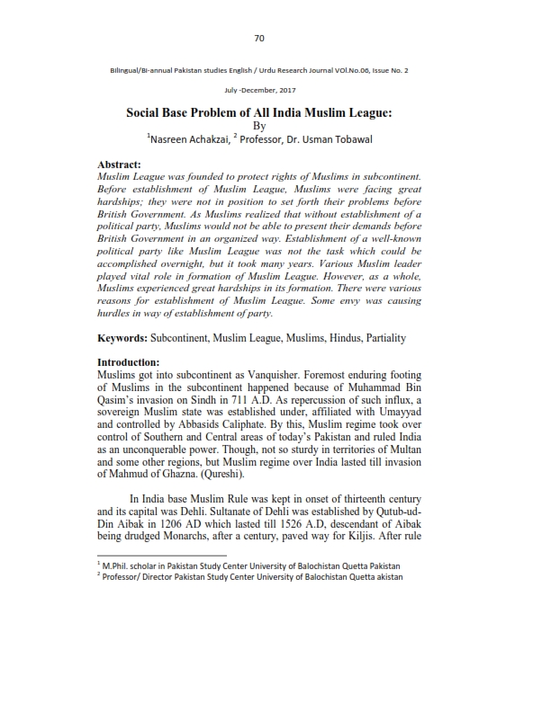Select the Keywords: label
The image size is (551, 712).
(x=127, y=338)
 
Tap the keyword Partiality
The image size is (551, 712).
(x=382, y=338)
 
